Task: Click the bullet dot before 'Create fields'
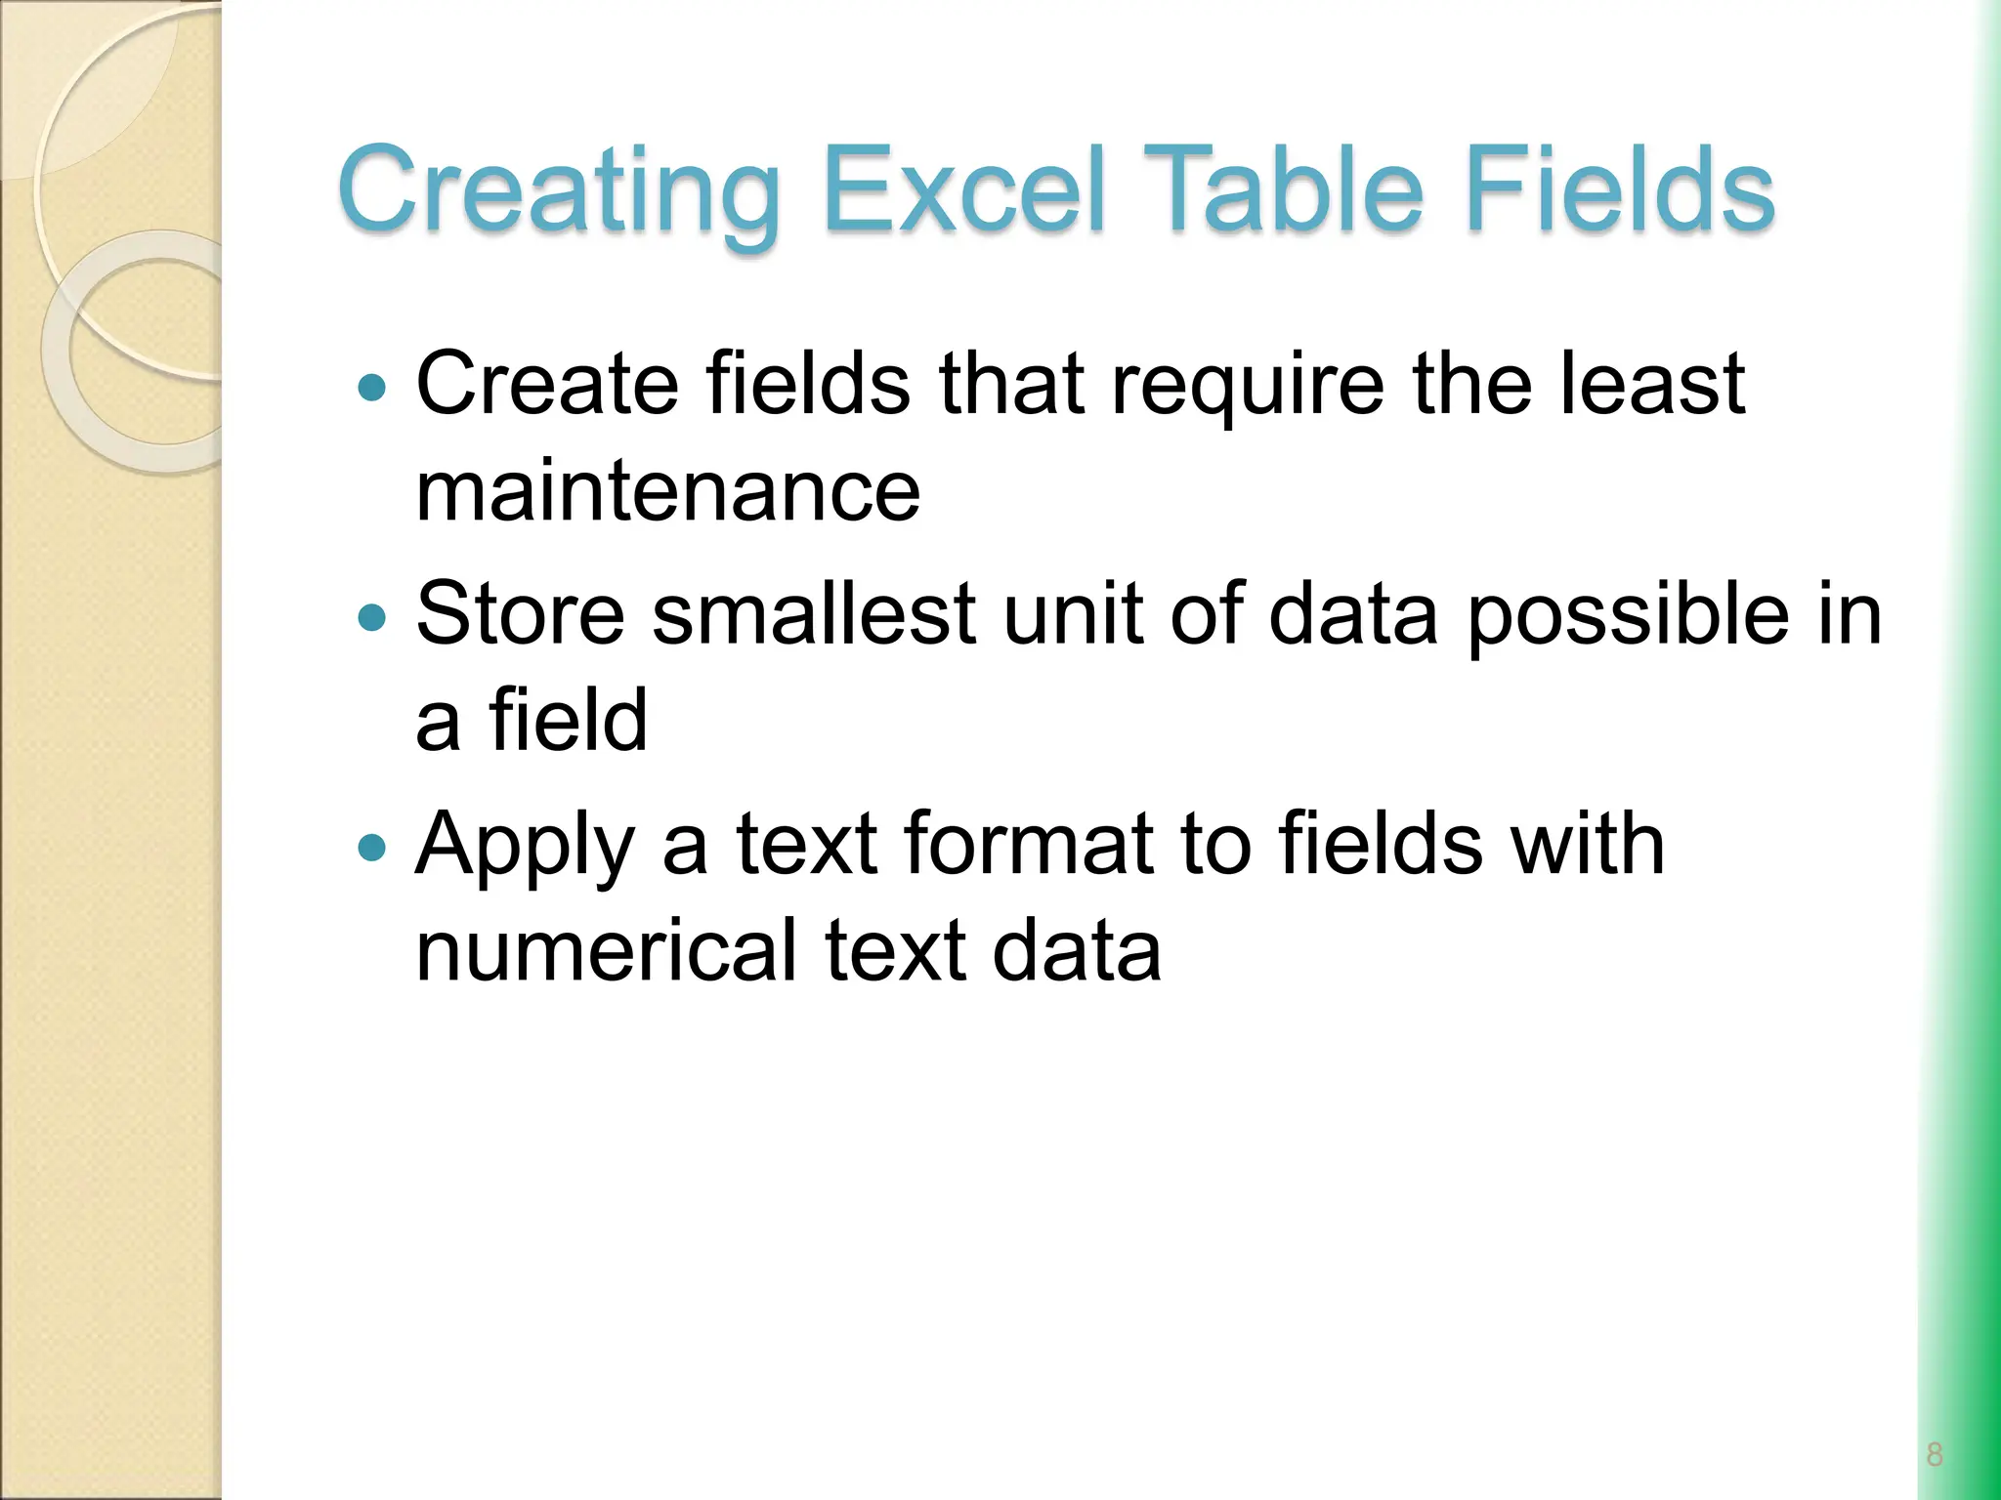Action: click(372, 389)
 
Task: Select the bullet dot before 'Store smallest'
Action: click(372, 618)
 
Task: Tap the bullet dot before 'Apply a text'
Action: click(372, 848)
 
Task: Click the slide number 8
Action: click(1935, 1454)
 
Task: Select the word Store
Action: click(520, 614)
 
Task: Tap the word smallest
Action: click(814, 614)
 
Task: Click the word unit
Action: click(1072, 614)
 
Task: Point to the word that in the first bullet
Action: click(1011, 384)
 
